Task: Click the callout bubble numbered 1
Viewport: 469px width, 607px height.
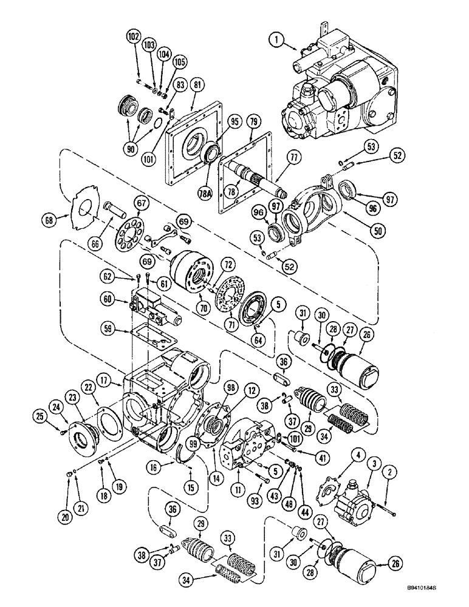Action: coord(276,42)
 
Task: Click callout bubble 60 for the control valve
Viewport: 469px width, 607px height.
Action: coord(107,300)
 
